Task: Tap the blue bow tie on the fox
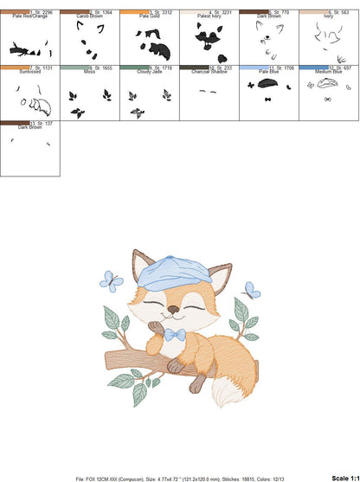tap(177, 333)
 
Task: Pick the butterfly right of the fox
tap(251, 290)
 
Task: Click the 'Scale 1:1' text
tap(344, 478)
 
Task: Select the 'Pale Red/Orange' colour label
tap(29, 16)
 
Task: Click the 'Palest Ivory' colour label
tap(207, 16)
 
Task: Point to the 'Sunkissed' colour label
tap(29, 70)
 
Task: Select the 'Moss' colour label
tap(89, 70)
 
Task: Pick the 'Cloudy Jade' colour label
tap(148, 70)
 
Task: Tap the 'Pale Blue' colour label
tap(267, 70)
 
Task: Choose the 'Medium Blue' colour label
tap(329, 70)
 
